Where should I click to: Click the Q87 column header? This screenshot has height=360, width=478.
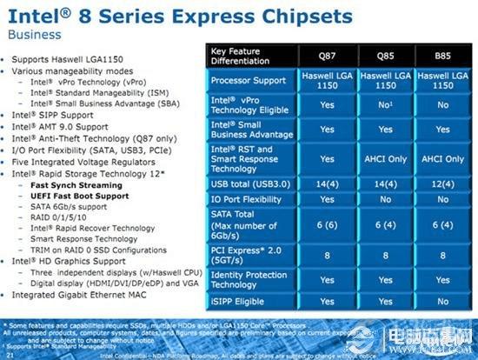pos(327,57)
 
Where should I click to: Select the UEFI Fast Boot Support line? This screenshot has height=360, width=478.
pos(77,196)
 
